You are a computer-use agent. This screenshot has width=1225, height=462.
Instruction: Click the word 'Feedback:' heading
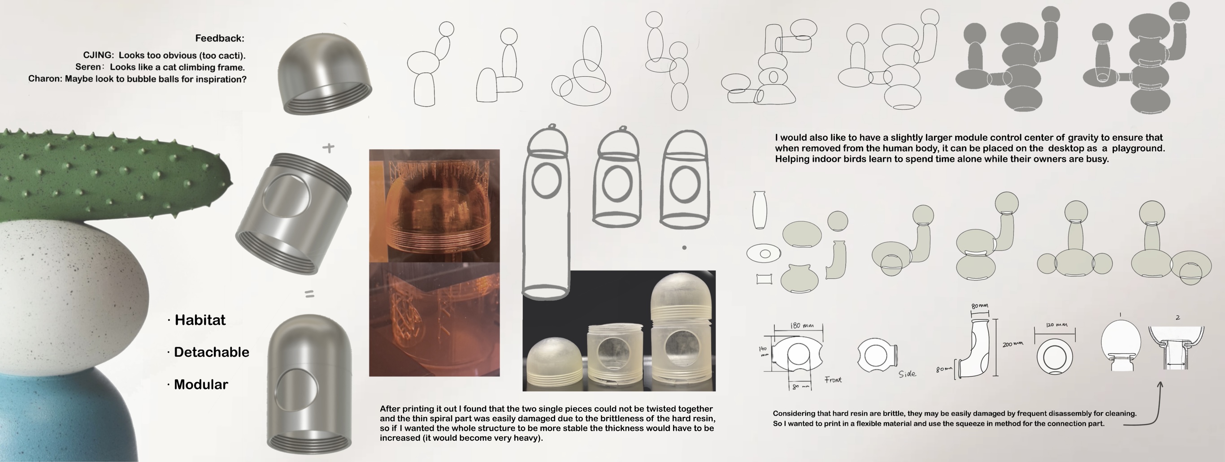pos(220,39)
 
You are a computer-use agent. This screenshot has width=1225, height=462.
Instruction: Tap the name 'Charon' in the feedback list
pos(45,79)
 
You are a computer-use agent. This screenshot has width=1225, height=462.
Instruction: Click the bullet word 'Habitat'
pos(200,320)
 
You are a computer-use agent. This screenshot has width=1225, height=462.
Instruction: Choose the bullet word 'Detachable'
pos(212,352)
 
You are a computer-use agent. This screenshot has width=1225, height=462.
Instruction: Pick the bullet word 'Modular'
pos(201,384)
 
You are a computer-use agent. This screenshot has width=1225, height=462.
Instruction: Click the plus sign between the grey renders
pos(328,148)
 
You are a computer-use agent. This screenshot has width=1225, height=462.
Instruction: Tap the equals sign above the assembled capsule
pos(309,295)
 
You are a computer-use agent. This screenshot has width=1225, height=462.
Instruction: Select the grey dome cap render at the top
pos(324,73)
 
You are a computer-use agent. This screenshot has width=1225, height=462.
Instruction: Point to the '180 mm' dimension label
pos(802,326)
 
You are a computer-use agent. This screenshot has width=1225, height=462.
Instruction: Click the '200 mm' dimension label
pos(1013,344)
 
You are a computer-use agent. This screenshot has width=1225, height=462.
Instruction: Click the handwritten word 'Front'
pos(833,380)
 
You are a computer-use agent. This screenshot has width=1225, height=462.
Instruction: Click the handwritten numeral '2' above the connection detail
pos(1177,318)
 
